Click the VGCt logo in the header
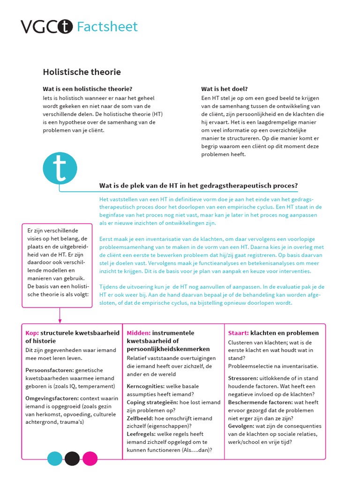click(x=46, y=27)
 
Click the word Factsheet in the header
click(x=107, y=27)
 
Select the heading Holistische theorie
click(x=82, y=72)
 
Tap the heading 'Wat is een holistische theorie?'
click(x=87, y=89)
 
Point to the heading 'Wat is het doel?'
click(x=225, y=89)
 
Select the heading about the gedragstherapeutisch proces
click(x=198, y=186)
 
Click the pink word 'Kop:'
click(x=32, y=333)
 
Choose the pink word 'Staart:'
click(x=238, y=333)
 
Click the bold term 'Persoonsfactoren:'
click(x=49, y=370)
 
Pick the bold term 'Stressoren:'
click(x=243, y=378)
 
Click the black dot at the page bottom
click(x=72, y=458)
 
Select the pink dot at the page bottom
click(x=90, y=458)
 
